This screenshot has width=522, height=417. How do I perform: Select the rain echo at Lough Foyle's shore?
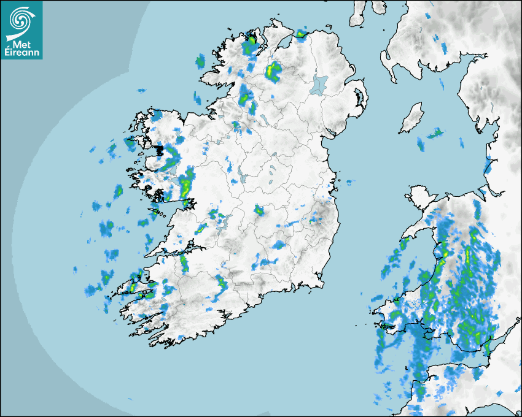coord(300,34)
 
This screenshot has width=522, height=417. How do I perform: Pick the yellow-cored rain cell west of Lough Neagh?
coord(273,72)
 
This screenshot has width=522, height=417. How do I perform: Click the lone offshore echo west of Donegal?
coord(200,60)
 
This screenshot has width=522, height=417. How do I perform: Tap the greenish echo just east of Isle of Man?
coord(435,132)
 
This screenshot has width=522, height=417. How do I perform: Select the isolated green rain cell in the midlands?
coord(259,211)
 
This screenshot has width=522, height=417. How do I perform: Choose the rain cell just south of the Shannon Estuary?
coord(184,264)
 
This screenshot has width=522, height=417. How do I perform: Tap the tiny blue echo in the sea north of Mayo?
coord(142,91)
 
